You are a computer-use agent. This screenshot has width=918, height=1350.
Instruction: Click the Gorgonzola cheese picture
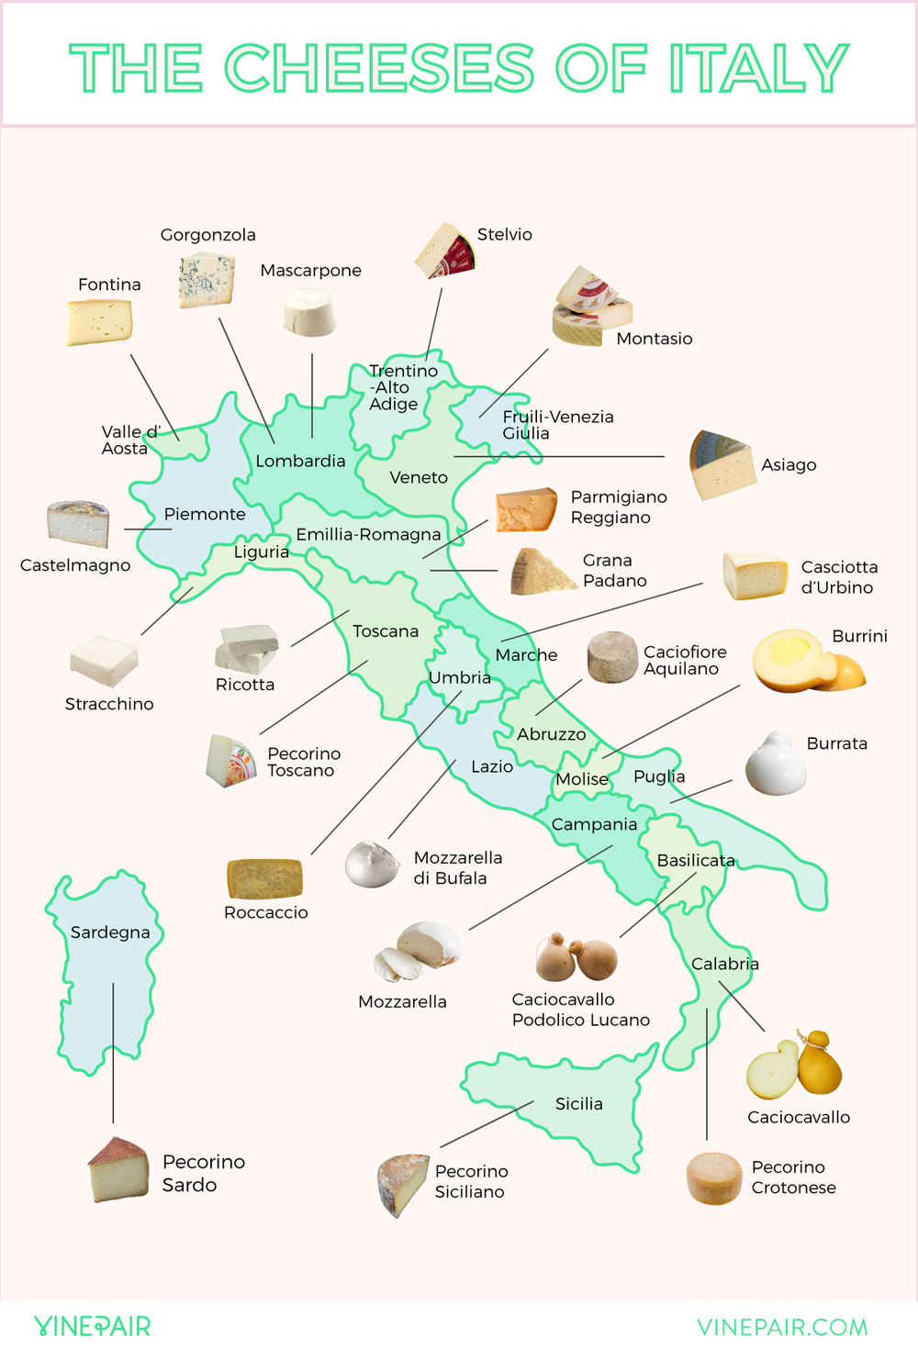pyautogui.click(x=206, y=281)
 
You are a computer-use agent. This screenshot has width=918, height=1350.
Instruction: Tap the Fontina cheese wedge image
pyautogui.click(x=99, y=322)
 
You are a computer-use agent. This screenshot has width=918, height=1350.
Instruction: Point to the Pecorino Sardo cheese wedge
pyautogui.click(x=118, y=1169)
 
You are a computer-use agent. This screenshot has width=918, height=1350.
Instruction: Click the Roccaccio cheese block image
pyautogui.click(x=264, y=878)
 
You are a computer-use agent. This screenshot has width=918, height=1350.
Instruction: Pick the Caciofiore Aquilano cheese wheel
pyautogui.click(x=612, y=657)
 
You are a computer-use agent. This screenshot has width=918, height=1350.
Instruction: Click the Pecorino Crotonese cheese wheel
pyautogui.click(x=714, y=1177)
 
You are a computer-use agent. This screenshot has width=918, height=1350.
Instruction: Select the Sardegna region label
pyautogui.click(x=110, y=932)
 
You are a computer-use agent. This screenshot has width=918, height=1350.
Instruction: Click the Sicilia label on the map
pyautogui.click(x=578, y=1104)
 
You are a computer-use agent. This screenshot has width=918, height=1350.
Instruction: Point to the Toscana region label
pyautogui.click(x=386, y=631)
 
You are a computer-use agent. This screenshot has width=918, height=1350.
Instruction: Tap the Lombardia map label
pyautogui.click(x=300, y=461)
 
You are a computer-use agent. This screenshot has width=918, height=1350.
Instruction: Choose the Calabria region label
pyautogui.click(x=724, y=964)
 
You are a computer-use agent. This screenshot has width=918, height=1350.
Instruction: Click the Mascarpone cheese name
pyautogui.click(x=310, y=271)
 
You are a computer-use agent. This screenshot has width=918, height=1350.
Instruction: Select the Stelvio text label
pyautogui.click(x=504, y=234)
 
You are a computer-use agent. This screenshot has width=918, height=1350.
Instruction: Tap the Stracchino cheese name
pyautogui.click(x=109, y=704)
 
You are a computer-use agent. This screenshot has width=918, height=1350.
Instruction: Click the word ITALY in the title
pyautogui.click(x=757, y=68)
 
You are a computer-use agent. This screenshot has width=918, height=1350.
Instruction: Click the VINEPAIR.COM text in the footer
pyautogui.click(x=782, y=1327)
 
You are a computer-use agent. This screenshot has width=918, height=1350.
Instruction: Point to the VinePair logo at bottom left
pyautogui.click(x=92, y=1326)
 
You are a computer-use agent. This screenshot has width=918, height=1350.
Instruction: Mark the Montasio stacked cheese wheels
pyautogui.click(x=592, y=307)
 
